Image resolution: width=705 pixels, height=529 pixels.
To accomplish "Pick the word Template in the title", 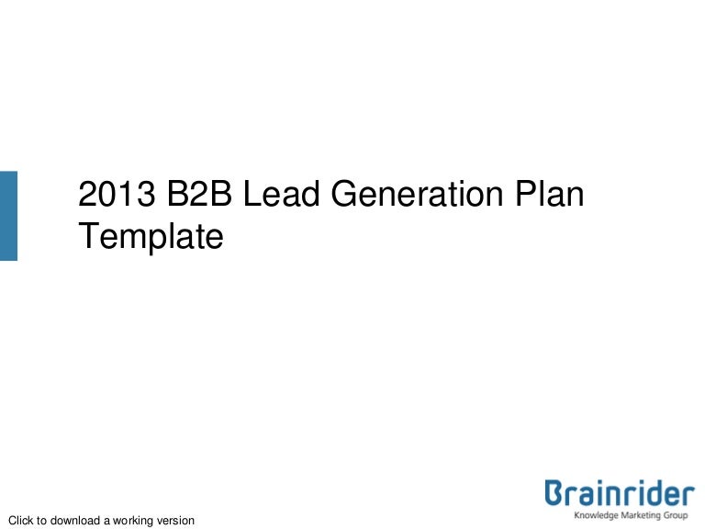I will pyautogui.click(x=151, y=237).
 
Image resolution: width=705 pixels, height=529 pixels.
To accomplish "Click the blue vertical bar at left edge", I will pyautogui.click(x=8, y=215).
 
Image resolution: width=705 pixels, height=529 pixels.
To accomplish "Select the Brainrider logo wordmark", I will pyautogui.click(x=620, y=495).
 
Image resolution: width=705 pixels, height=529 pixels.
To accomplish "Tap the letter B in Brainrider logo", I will pyautogui.click(x=554, y=495).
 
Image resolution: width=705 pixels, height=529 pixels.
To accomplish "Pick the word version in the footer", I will pyautogui.click(x=177, y=521).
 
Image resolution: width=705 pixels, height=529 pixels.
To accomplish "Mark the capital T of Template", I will pyautogui.click(x=87, y=237).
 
